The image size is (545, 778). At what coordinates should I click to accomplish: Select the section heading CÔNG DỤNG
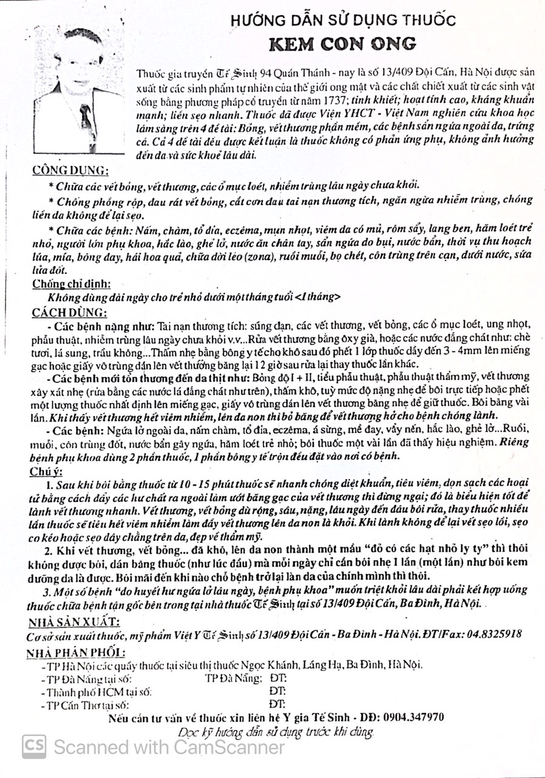[70, 170]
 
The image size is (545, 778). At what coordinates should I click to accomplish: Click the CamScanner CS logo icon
[34, 745]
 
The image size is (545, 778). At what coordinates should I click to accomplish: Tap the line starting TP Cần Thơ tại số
[84, 705]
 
